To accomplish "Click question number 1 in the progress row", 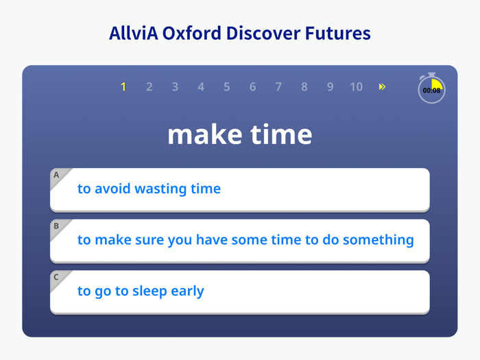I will coord(123,87).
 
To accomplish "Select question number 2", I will coord(149,87).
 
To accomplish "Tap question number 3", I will coord(175,87).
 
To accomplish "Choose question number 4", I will coord(201,87).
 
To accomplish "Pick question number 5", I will coord(227,87).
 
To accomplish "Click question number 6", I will coord(252,87).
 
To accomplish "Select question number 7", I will coord(278,87).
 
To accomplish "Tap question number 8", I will coord(304,87).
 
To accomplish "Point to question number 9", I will coord(330,87).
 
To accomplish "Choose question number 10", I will coord(356,87).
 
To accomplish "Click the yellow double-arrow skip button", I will coord(382,87).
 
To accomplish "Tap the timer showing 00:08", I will coord(431,90).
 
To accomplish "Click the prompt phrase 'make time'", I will coord(240,134).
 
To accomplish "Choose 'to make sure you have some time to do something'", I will coord(245,240).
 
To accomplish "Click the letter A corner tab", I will coord(57,176).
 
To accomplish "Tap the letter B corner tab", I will coord(57,226).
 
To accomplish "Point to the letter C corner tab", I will coord(57,278).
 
